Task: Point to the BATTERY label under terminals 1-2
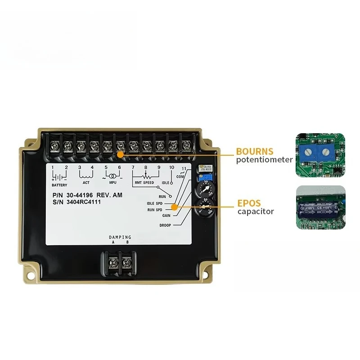coord(59,185)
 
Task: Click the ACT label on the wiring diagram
coord(86,183)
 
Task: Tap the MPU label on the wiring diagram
coord(112,183)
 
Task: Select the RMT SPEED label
coord(144,183)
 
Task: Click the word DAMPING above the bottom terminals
coord(120,237)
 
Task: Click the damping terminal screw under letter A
coord(113,260)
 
